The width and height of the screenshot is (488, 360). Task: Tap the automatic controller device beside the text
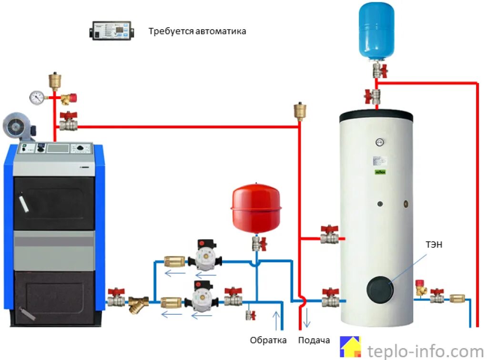[110, 31]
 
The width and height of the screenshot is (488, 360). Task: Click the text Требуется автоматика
[197, 31]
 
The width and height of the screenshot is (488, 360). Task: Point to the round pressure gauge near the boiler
[36, 97]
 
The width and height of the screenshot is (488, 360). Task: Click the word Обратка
[268, 340]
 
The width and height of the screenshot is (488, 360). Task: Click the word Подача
[314, 340]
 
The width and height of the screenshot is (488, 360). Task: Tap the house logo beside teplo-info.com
[350, 347]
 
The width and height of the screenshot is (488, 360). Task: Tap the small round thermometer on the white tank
[380, 142]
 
